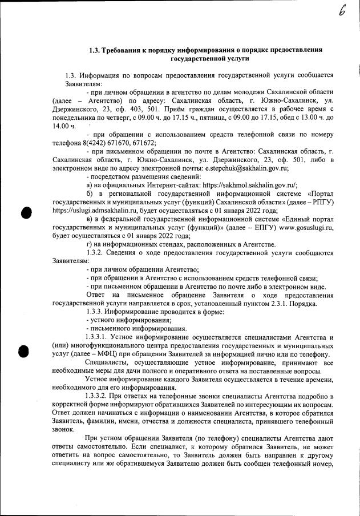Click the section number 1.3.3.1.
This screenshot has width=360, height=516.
point(98,337)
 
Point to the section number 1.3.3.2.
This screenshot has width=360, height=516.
point(98,396)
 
